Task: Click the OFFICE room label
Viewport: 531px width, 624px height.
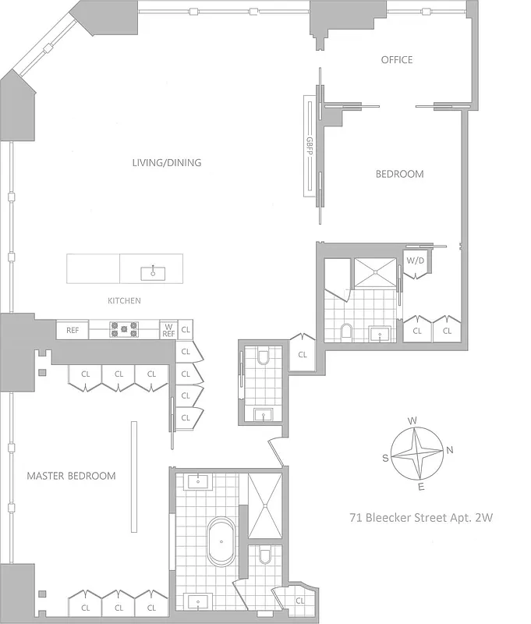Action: pyautogui.click(x=396, y=60)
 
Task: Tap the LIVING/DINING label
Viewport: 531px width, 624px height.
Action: pyautogui.click(x=167, y=163)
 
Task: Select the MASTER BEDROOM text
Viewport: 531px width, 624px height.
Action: pyautogui.click(x=71, y=476)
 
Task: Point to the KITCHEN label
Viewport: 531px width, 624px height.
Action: pyautogui.click(x=124, y=300)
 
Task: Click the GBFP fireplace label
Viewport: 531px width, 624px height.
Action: pyautogui.click(x=310, y=146)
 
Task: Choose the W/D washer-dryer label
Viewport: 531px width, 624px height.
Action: pyautogui.click(x=415, y=261)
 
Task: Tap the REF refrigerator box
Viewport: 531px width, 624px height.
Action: pyautogui.click(x=73, y=331)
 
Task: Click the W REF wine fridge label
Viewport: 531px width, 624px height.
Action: pyautogui.click(x=168, y=330)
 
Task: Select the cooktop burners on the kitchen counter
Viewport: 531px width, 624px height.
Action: pyautogui.click(x=124, y=330)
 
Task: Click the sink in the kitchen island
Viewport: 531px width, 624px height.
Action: pyautogui.click(x=153, y=272)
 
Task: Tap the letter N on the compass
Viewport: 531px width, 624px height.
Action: pyautogui.click(x=450, y=450)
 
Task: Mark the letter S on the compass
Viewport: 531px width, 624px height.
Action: pyautogui.click(x=385, y=458)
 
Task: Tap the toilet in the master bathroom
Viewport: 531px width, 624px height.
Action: pyautogui.click(x=263, y=556)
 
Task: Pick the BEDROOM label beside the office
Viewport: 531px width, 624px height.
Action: pyautogui.click(x=399, y=174)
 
